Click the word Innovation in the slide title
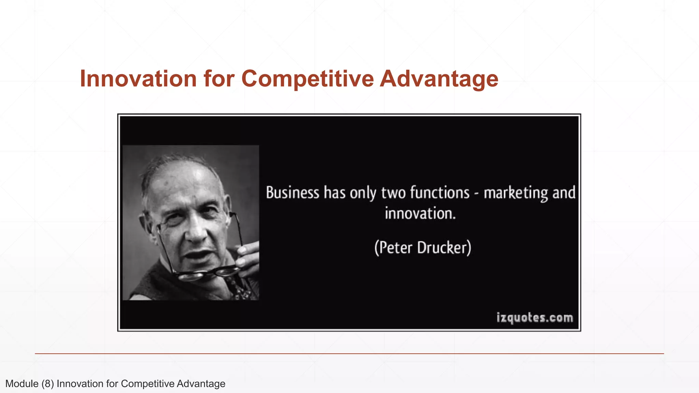[138, 79]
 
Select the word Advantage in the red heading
[439, 79]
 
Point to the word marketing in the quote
[515, 193]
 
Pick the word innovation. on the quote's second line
[420, 214]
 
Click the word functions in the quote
[440, 193]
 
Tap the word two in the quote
[393, 193]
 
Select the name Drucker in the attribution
[444, 248]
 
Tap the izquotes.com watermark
[534, 318]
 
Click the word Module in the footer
[22, 384]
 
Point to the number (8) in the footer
[48, 384]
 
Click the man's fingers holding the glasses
[247, 256]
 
